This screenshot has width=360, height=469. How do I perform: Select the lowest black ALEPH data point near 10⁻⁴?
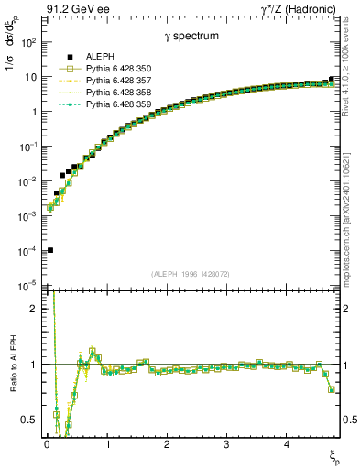click(x=49, y=250)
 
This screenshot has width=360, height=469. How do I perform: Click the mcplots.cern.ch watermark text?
click(x=352, y=220)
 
